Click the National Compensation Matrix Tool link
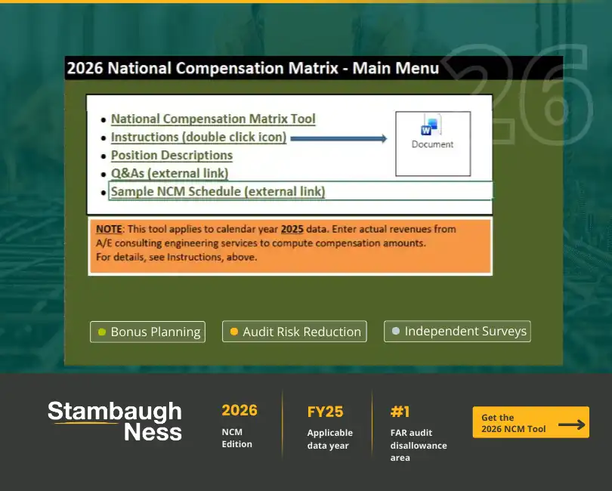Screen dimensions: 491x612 click(x=213, y=119)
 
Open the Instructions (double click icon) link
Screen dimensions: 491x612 click(x=199, y=137)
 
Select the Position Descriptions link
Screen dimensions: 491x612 click(x=172, y=156)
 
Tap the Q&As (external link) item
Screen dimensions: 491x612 click(x=169, y=174)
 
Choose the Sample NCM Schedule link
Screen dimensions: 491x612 click(x=218, y=192)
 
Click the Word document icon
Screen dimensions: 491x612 click(x=432, y=125)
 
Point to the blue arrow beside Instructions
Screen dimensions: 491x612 click(x=338, y=138)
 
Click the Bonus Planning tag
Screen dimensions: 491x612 click(x=147, y=332)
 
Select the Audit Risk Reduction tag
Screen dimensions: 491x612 click(x=295, y=332)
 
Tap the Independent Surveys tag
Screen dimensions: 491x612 click(x=457, y=332)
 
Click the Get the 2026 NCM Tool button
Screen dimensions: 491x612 click(x=530, y=423)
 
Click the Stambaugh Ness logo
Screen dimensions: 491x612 click(x=115, y=422)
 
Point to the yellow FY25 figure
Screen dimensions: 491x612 click(x=325, y=412)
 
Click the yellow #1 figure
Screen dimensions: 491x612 click(x=400, y=412)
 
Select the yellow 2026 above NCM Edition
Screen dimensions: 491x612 click(x=239, y=410)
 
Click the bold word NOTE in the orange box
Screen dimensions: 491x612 click(x=110, y=228)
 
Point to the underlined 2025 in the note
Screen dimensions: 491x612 click(x=292, y=228)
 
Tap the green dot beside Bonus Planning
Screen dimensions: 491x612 click(x=102, y=332)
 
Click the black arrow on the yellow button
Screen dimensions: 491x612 click(x=571, y=425)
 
